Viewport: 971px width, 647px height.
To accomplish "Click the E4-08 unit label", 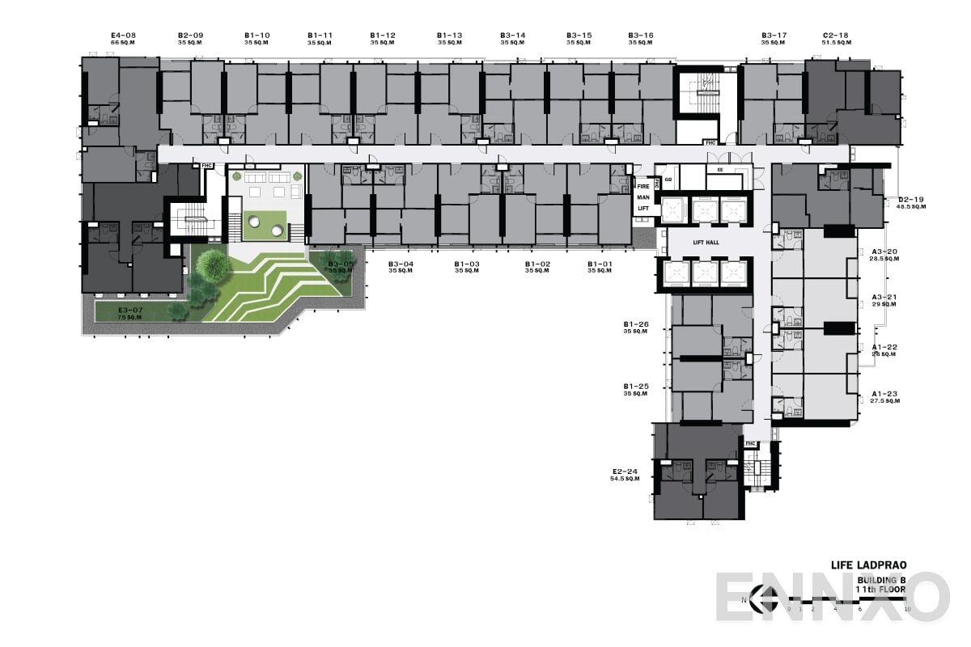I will [124, 36].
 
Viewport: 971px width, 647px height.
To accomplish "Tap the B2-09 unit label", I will [190, 36].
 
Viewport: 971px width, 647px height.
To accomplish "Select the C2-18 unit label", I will [835, 36].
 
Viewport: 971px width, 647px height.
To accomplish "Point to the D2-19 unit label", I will [911, 199].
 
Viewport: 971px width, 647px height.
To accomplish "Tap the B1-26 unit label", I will [636, 324].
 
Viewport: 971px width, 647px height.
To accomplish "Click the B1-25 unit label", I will [636, 387].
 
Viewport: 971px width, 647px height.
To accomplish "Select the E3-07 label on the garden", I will [131, 311].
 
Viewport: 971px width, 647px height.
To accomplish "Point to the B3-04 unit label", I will [401, 264].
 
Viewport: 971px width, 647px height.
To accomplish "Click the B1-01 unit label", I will [600, 264].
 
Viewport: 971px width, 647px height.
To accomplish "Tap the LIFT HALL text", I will [705, 242].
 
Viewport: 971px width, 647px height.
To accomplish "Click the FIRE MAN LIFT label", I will [643, 197].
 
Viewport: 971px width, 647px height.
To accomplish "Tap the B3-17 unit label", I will [774, 36].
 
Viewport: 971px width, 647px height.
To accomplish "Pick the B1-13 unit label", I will [449, 36].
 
